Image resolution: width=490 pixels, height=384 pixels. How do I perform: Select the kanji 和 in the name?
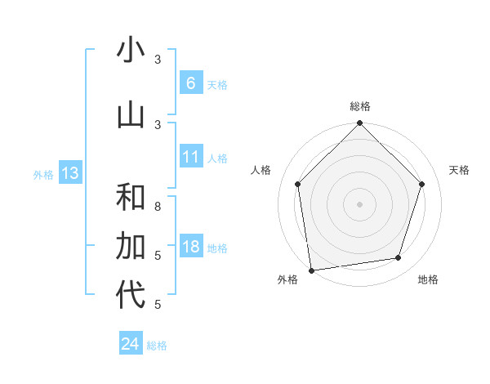pyautogui.click(x=131, y=198)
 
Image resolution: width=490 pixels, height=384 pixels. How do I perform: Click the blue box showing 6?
pyautogui.click(x=190, y=83)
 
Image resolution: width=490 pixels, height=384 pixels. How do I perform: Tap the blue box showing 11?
pyautogui.click(x=190, y=157)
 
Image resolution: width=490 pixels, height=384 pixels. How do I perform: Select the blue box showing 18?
pyautogui.click(x=190, y=248)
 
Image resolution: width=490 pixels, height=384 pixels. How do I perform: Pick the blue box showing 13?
pyautogui.click(x=69, y=173)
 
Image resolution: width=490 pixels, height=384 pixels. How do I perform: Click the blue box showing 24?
pyautogui.click(x=130, y=344)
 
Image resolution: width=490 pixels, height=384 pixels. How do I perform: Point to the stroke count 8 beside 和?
pyautogui.click(x=158, y=206)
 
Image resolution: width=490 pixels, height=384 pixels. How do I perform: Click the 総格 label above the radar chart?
pyautogui.click(x=360, y=106)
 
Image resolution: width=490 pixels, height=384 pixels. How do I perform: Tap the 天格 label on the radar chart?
pyautogui.click(x=459, y=170)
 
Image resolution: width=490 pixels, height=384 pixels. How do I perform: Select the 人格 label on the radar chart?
pyautogui.click(x=261, y=170)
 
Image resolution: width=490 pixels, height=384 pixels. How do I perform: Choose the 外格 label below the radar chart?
pyautogui.click(x=287, y=279)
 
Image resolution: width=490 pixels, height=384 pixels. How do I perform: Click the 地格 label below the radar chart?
pyautogui.click(x=428, y=279)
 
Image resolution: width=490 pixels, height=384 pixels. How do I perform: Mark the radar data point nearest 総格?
pyautogui.click(x=359, y=124)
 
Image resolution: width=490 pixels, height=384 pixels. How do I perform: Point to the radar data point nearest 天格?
pyautogui.click(x=422, y=184)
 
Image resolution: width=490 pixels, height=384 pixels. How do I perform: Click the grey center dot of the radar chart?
pyautogui.click(x=359, y=203)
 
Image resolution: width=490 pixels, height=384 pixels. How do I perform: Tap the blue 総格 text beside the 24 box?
pyautogui.click(x=157, y=346)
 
